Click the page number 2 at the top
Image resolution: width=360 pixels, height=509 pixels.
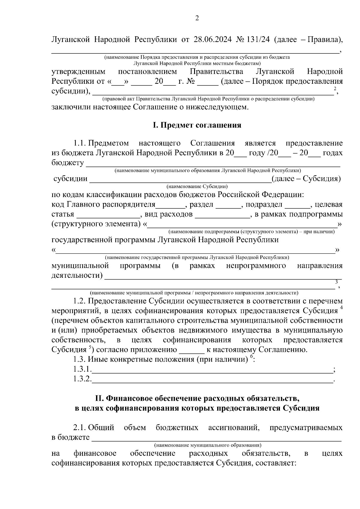click(x=197, y=19)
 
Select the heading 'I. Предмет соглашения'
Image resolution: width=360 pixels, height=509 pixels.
click(x=197, y=125)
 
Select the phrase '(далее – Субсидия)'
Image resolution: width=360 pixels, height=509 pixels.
click(x=306, y=179)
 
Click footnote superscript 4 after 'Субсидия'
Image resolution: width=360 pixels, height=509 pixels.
click(x=341, y=308)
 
